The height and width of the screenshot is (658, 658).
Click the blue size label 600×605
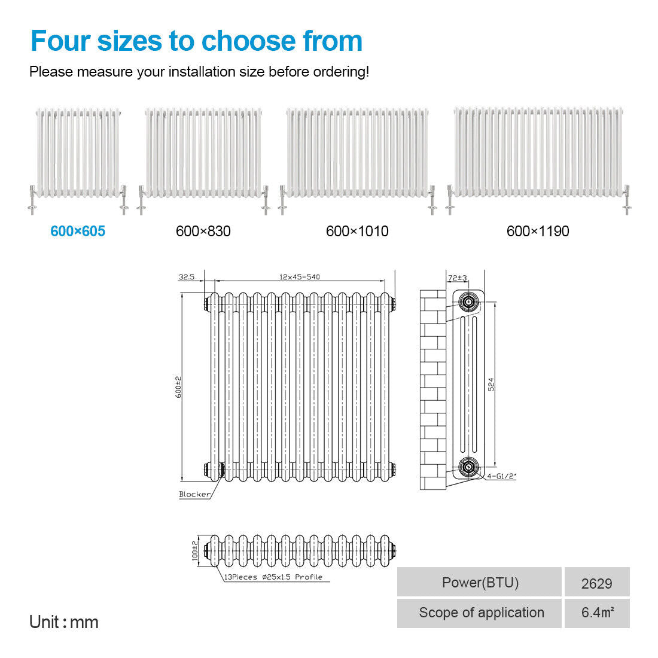click(78, 231)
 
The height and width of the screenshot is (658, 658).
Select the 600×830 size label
click(203, 231)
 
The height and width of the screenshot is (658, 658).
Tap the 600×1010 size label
click(357, 231)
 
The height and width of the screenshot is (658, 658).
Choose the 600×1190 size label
click(538, 231)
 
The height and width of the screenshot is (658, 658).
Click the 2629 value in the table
click(596, 583)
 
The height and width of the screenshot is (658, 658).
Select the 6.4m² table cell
click(597, 613)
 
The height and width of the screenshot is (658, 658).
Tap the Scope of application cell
click(480, 613)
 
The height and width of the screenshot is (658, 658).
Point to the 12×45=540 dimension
click(300, 277)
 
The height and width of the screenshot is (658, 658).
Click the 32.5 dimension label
click(187, 277)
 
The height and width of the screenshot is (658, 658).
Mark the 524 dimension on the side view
click(491, 385)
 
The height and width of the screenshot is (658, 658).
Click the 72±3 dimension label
click(458, 278)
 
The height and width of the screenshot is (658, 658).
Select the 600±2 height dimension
click(178, 387)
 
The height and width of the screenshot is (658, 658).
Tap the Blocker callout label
click(195, 494)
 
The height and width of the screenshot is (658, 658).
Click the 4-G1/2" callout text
click(501, 476)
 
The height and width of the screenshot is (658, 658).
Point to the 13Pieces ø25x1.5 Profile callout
click(273, 577)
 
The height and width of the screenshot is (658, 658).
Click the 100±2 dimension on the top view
click(195, 550)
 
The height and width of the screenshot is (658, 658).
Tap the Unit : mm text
click(64, 622)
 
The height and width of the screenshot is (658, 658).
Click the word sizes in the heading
click(129, 41)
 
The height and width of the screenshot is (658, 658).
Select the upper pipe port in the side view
click(468, 301)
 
